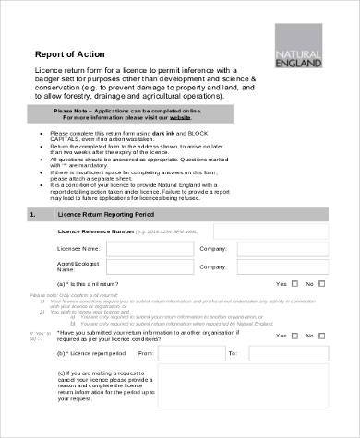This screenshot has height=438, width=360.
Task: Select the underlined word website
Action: point(180,118)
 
